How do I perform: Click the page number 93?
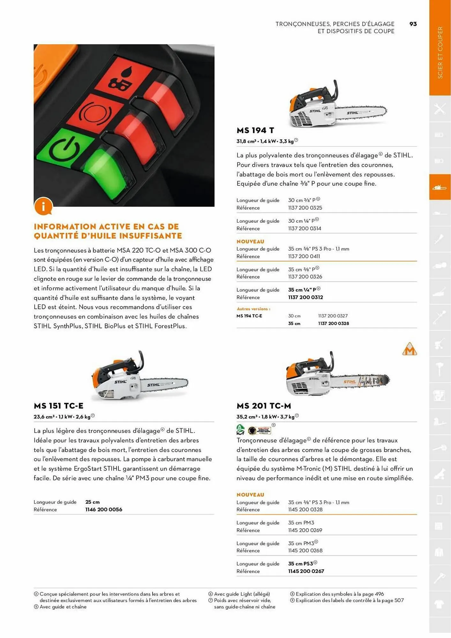[413, 24]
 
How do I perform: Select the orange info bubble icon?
[43, 206]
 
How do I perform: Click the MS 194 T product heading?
[255, 130]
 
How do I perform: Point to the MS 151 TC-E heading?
[58, 406]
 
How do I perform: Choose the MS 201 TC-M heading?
[264, 406]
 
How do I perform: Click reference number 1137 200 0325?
[305, 208]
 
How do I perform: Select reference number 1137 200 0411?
[304, 256]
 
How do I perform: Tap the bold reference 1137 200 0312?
[305, 297]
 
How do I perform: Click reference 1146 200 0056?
[103, 509]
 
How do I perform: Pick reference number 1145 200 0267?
[306, 571]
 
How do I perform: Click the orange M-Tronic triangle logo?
[410, 350]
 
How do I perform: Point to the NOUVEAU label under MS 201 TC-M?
[250, 494]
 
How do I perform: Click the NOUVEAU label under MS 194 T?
[250, 241]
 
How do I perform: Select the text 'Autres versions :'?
[253, 309]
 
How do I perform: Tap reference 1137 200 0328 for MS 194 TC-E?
[333, 323]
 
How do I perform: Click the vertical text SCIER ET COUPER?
[440, 53]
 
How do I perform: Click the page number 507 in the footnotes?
[399, 600]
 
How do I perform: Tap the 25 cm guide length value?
[92, 502]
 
